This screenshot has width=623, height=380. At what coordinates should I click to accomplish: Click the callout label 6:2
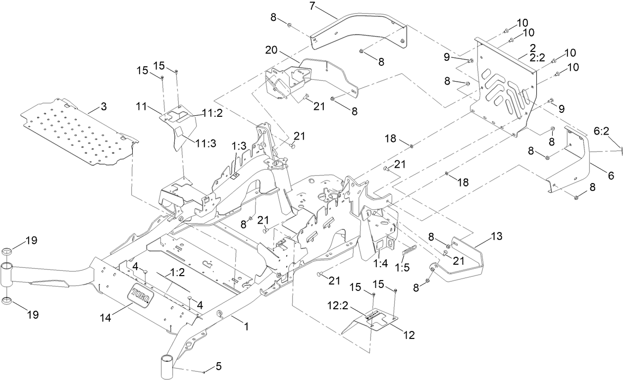point(601,131)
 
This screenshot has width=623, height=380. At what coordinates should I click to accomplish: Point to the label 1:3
point(239,147)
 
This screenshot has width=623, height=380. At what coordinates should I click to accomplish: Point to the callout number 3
point(103,106)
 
